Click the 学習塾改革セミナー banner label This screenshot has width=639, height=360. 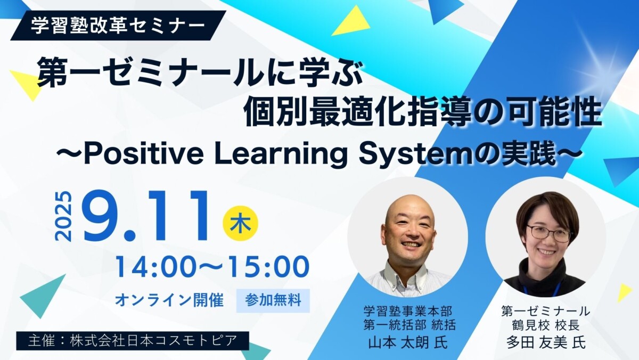click(118, 26)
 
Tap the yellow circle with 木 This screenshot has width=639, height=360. click(240, 223)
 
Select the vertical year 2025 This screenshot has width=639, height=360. click(63, 217)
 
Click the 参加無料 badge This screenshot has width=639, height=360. click(273, 301)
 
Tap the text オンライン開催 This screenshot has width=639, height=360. click(169, 301)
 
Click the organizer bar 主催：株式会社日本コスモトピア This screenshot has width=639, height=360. click(133, 341)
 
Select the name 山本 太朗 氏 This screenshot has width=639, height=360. click(408, 342)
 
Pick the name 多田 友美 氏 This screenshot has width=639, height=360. click(546, 342)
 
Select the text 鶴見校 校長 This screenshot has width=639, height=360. click(546, 325)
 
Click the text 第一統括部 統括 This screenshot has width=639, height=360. click(409, 325)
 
